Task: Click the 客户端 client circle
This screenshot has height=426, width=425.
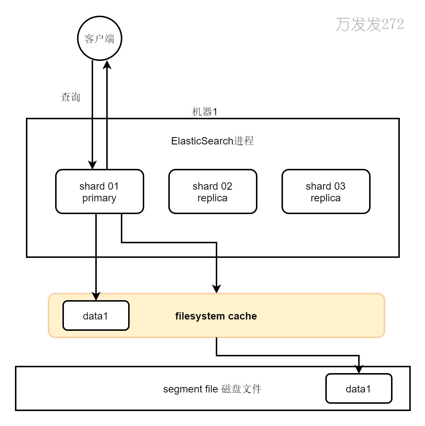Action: click(99, 38)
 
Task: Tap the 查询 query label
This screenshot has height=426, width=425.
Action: click(70, 97)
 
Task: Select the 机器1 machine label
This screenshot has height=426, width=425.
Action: click(204, 112)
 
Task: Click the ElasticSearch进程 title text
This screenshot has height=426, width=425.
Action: click(212, 141)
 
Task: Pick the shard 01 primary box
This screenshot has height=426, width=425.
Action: click(99, 191)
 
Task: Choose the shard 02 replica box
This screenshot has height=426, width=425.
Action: click(212, 191)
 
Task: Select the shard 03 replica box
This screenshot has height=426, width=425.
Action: click(326, 191)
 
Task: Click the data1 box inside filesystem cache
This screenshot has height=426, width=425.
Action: click(96, 316)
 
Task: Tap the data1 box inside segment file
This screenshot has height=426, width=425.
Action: click(359, 389)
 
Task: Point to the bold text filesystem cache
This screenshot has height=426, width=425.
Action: click(216, 316)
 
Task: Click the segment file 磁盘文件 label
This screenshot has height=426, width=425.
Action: click(212, 389)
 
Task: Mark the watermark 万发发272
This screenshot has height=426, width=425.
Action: click(370, 24)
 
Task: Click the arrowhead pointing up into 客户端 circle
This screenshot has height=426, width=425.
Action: click(107, 65)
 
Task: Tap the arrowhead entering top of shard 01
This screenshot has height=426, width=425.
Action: click(92, 165)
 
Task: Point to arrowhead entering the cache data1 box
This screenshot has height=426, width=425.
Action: click(96, 296)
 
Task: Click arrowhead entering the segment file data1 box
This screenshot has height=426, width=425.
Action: click(359, 369)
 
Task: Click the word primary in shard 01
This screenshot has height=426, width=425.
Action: click(99, 198)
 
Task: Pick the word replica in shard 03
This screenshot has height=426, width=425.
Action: click(326, 198)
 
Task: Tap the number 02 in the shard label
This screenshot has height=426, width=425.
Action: click(226, 186)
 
